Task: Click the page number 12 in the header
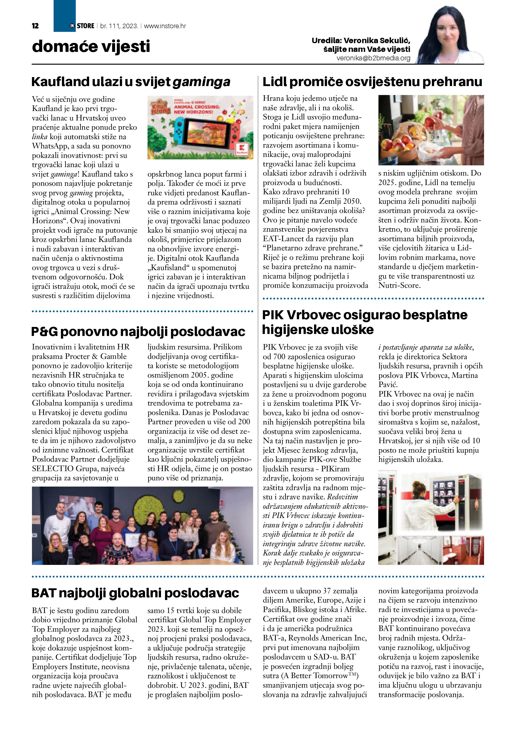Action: coord(35,26)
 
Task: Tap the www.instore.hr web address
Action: coord(165,26)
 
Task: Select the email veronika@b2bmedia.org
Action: coord(373,58)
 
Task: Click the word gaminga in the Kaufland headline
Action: coord(201,82)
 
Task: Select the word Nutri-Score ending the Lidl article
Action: coord(399,286)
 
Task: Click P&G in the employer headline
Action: coord(44,332)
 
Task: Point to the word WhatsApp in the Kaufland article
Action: coord(50,146)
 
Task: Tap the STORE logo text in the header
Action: coord(85,26)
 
